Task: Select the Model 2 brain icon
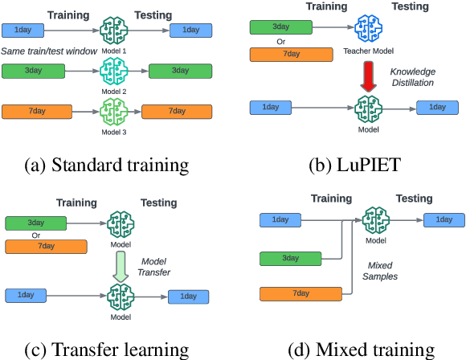coord(113,72)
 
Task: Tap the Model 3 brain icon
coord(113,110)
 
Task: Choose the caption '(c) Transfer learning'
coord(108,349)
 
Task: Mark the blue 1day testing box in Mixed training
coord(443,219)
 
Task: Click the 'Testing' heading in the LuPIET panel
coord(411,6)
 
